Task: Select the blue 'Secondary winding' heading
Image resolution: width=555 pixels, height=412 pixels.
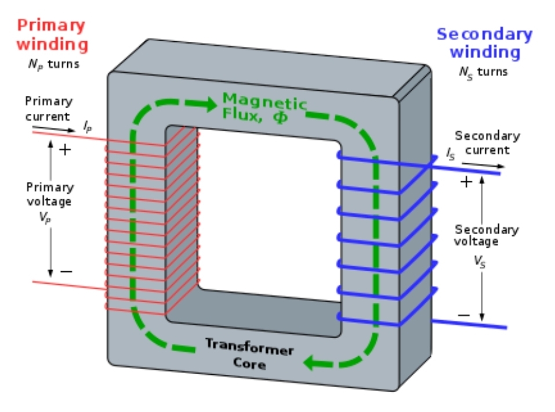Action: [485, 43]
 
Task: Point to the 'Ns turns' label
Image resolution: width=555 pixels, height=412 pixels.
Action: [483, 72]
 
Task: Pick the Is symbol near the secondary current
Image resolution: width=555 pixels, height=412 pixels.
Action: [450, 153]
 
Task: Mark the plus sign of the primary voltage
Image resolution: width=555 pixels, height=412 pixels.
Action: [66, 149]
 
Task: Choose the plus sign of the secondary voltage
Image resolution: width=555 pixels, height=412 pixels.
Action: [466, 182]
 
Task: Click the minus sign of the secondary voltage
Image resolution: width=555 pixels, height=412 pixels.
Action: [465, 315]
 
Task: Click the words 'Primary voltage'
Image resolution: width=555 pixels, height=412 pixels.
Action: [50, 194]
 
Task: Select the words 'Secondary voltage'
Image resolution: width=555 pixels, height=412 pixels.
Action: [486, 235]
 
